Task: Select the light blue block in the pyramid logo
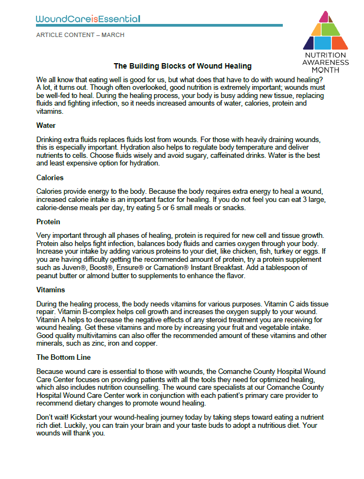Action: [325, 42]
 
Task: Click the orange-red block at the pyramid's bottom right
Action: [339, 42]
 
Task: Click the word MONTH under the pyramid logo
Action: [325, 69]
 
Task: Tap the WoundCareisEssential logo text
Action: [88, 19]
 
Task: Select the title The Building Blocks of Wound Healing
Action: [182, 66]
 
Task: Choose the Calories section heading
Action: [50, 178]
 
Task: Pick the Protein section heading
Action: [48, 222]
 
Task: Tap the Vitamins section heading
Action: [51, 290]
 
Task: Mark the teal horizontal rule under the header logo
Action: [159, 25]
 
